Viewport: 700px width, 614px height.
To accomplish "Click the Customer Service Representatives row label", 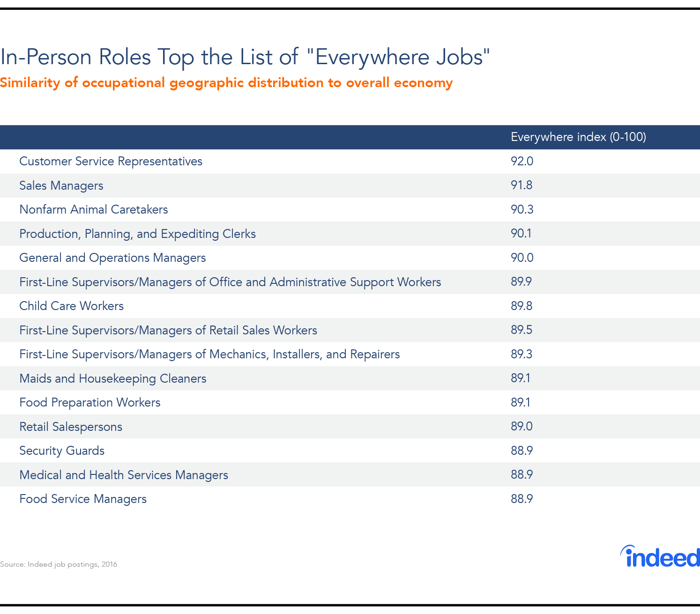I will point(111,162).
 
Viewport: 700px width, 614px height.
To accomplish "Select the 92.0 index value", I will point(522,162).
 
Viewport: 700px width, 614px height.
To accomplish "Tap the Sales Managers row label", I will point(61,185).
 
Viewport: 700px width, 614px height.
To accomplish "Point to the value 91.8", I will point(521,185).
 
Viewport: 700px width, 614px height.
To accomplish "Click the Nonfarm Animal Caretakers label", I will point(93,209).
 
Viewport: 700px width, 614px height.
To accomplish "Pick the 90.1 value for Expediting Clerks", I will point(521,234).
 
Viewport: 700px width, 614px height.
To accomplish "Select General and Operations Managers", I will point(112,258).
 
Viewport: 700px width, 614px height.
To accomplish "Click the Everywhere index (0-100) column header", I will point(578,137).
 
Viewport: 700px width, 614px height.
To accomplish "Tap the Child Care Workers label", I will point(71,306).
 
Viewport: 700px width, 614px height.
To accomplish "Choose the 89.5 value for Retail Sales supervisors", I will point(521,330).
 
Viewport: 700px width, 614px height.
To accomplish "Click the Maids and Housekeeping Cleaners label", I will point(112,378).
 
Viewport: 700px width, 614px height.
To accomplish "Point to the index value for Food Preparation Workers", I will point(521,403).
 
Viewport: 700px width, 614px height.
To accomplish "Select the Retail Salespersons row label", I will point(71,427).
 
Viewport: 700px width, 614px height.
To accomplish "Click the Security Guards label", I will point(62,451).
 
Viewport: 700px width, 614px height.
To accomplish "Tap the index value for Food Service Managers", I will point(521,499).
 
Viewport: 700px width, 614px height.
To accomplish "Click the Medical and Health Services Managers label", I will point(124,475).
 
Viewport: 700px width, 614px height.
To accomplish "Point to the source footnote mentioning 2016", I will point(59,564).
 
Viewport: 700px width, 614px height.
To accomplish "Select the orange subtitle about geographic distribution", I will point(226,83).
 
